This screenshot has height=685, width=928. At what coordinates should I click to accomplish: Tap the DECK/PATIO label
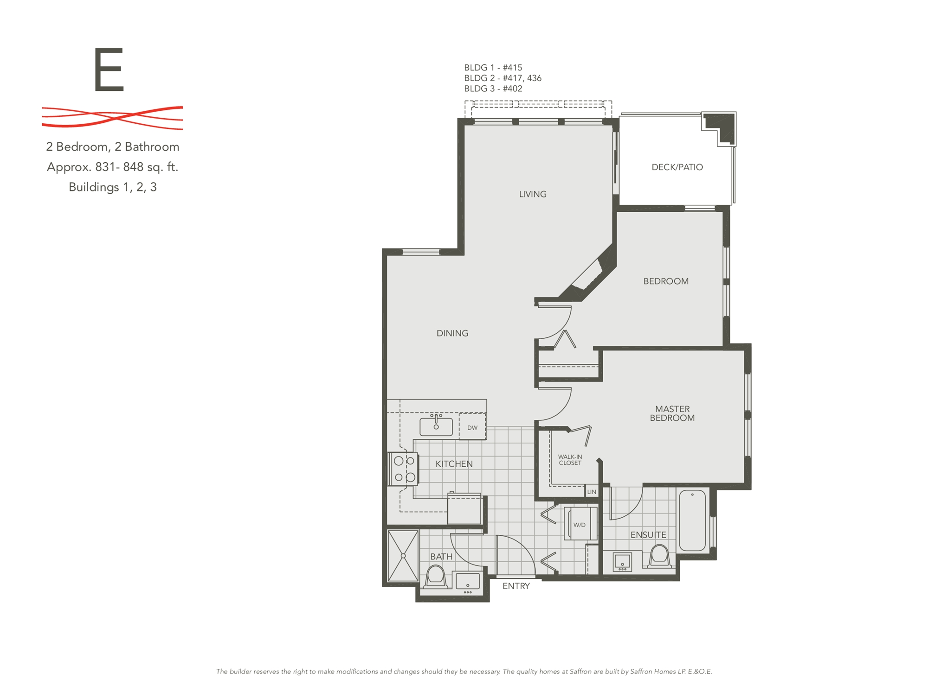(677, 167)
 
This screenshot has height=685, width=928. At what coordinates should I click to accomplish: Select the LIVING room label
(533, 194)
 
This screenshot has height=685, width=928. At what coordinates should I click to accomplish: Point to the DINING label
(452, 333)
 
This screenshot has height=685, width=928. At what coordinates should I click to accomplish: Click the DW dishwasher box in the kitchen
(472, 427)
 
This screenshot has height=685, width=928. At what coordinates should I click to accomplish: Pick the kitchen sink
(436, 426)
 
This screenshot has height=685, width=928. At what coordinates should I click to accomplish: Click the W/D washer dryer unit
(580, 524)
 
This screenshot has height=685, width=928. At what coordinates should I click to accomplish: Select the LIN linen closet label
(592, 492)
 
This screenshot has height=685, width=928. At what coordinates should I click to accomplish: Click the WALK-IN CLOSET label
(570, 460)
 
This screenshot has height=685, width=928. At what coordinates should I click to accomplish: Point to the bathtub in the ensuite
(692, 520)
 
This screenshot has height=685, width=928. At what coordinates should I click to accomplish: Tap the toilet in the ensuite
(659, 556)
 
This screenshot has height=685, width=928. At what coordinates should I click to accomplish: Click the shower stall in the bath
(403, 556)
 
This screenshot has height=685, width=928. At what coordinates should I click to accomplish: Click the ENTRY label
(516, 586)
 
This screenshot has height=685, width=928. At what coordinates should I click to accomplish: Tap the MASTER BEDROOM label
(672, 413)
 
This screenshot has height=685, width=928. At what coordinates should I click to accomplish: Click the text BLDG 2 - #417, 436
(503, 78)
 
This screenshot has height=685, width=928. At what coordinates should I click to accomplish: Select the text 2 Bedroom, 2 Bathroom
(113, 147)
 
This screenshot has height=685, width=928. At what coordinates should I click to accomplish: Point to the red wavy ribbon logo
(112, 117)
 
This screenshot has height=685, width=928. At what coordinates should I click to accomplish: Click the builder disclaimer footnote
(464, 672)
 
